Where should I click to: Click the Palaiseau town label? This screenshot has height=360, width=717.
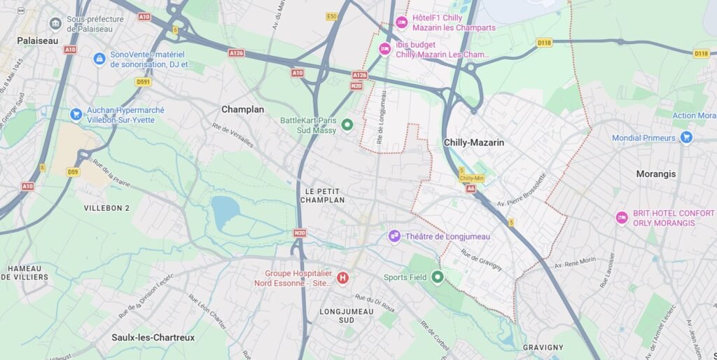click(x=38, y=41)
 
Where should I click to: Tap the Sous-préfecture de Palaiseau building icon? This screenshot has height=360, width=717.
click(x=55, y=25)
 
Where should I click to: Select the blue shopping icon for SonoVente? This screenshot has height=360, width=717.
click(x=99, y=59)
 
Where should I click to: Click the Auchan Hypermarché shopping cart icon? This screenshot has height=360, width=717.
click(x=76, y=115)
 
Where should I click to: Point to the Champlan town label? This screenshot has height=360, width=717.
click(x=242, y=109)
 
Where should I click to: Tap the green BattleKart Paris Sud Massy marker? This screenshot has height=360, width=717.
click(x=347, y=125)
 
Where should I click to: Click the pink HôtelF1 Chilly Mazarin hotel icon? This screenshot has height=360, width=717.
click(x=402, y=22)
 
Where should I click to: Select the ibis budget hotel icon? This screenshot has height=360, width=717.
click(x=384, y=49)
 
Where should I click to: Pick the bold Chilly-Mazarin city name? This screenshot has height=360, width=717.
click(x=474, y=142)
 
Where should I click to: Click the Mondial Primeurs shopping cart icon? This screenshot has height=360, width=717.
click(x=686, y=137)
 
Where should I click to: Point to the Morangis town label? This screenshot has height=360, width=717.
click(x=656, y=174)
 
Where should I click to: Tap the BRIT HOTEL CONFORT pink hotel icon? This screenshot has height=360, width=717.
click(x=621, y=218)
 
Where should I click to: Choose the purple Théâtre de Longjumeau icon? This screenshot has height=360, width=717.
click(x=395, y=236)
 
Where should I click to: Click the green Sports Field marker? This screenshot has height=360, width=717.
click(x=438, y=277)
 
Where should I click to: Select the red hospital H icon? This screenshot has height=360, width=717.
click(x=342, y=278)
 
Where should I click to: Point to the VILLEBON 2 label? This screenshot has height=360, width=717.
click(x=106, y=208)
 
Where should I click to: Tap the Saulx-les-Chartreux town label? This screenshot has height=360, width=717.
click(x=153, y=338)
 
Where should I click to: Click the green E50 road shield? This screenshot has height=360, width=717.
click(x=332, y=16)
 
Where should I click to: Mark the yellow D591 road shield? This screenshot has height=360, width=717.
click(x=144, y=82)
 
